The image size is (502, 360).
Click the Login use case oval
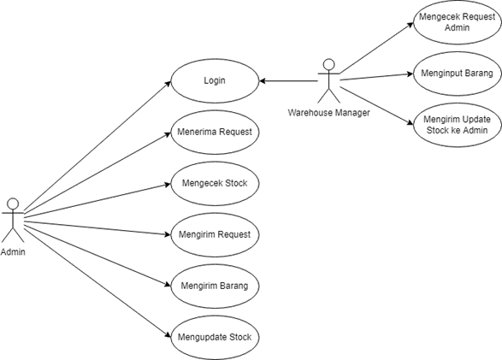pos(215,81)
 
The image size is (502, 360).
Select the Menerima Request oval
pos(215,133)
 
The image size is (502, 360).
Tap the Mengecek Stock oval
pos(215,183)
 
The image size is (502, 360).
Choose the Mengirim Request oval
pos(215,233)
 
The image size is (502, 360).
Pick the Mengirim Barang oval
pos(215,285)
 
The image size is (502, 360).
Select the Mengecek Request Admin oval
pos(457,22)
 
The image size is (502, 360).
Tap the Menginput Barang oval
pos(457,74)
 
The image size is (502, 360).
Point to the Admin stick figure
pos(12,220)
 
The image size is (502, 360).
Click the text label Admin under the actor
pos(13,252)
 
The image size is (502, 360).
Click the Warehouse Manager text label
pos(328,112)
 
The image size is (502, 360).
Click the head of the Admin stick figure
pos(12,204)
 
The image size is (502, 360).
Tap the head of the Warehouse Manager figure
pos(328,64)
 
